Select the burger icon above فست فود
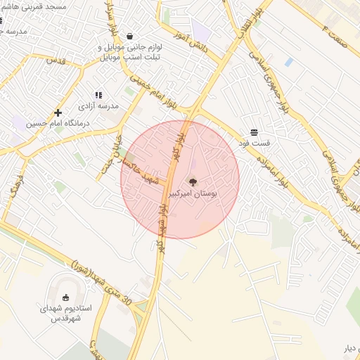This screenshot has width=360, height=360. (253, 131)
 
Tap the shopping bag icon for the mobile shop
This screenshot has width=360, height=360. (130, 36)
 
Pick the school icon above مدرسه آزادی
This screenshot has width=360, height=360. (98, 94)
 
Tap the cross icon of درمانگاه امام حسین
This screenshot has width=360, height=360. (58, 112)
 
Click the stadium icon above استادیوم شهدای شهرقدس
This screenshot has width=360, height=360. (66, 297)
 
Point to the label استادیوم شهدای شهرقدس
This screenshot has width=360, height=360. (66, 313)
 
